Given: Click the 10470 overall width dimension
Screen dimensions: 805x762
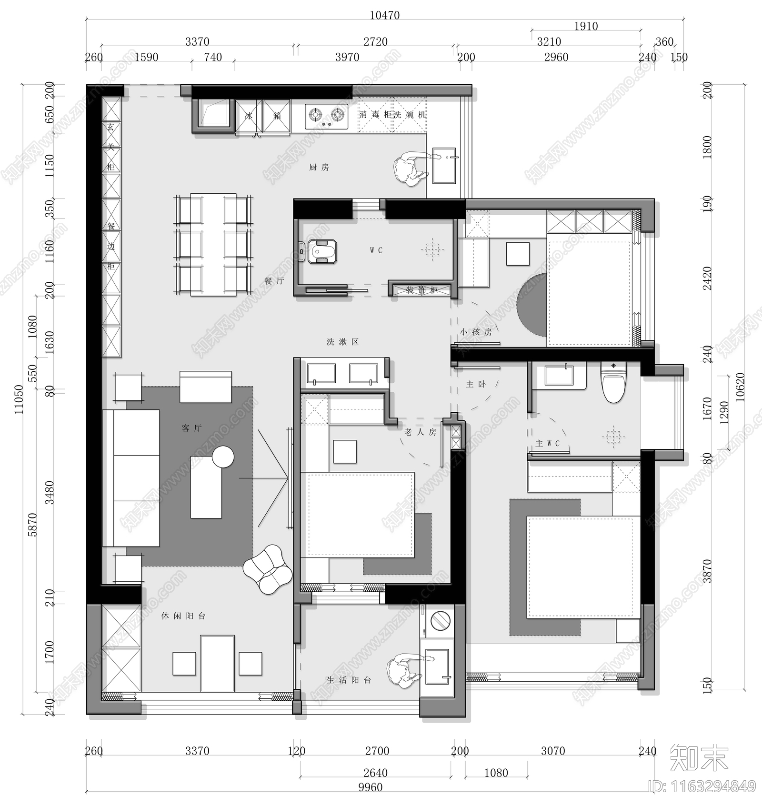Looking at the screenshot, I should pyautogui.click(x=384, y=15).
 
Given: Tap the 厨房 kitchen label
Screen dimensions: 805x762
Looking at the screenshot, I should pyautogui.click(x=319, y=167).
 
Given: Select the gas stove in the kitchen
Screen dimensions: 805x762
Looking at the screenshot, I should pyautogui.click(x=326, y=116).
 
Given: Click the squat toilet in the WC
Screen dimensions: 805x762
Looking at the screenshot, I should pyautogui.click(x=322, y=251).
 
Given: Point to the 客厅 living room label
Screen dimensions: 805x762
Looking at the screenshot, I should pyautogui.click(x=192, y=428).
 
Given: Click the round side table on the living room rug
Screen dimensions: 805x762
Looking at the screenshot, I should pyautogui.click(x=223, y=457).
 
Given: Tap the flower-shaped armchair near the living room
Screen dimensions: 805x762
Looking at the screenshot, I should pyautogui.click(x=267, y=569).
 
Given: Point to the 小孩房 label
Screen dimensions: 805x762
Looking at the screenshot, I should pyautogui.click(x=476, y=332).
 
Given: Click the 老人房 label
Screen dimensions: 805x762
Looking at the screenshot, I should pyautogui.click(x=420, y=432).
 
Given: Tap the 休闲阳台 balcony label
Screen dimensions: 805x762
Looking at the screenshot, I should pyautogui.click(x=183, y=616).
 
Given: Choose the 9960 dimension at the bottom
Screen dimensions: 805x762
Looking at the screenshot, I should pyautogui.click(x=370, y=787).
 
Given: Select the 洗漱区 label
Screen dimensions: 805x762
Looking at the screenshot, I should pyautogui.click(x=342, y=342).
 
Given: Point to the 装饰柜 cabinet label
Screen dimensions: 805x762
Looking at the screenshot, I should pyautogui.click(x=421, y=290).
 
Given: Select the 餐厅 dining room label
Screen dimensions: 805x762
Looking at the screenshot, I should pyautogui.click(x=274, y=281).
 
